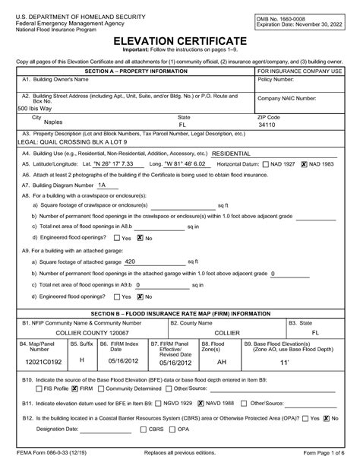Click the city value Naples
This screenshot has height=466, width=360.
coord(52,130)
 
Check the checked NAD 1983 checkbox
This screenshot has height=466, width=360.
coord(304,163)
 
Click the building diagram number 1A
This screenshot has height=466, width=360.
coord(103,185)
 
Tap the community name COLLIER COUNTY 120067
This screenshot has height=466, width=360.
coord(85,333)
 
